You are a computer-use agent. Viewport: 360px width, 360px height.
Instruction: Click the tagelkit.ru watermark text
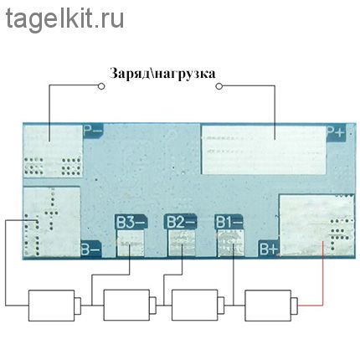(64, 19)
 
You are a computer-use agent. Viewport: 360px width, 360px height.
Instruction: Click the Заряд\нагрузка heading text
(162, 74)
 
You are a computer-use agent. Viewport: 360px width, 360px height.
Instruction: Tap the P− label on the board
(93, 131)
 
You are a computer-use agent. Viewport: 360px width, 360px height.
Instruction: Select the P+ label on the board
(336, 132)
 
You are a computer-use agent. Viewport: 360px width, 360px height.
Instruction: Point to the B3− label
(131, 222)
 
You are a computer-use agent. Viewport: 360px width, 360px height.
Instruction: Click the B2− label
(180, 222)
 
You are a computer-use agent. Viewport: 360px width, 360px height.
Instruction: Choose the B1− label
(229, 222)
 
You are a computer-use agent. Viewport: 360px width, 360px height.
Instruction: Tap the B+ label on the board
(269, 249)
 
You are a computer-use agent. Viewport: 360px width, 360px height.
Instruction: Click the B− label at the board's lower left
(90, 249)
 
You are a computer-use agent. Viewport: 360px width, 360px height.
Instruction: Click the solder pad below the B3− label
(131, 243)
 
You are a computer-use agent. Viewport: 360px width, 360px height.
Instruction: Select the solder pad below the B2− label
(182, 243)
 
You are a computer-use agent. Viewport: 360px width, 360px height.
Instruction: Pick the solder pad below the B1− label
(230, 243)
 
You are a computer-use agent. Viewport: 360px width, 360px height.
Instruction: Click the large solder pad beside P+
(264, 150)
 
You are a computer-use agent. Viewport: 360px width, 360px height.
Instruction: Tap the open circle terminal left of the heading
(101, 86)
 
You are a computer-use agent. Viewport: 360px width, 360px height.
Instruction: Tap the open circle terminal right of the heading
(219, 86)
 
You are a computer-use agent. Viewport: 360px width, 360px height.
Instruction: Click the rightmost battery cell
(271, 305)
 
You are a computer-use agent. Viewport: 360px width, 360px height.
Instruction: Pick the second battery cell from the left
(130, 305)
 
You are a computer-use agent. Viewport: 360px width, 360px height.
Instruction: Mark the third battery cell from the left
(198, 305)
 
